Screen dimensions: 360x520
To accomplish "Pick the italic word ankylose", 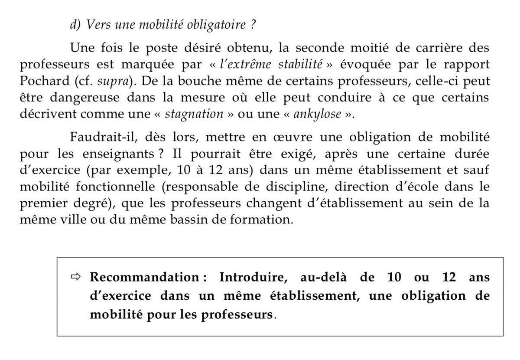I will tap(314, 115).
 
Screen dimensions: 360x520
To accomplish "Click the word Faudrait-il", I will tap(97, 137).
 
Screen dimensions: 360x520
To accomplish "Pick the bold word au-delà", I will tap(316, 277).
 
